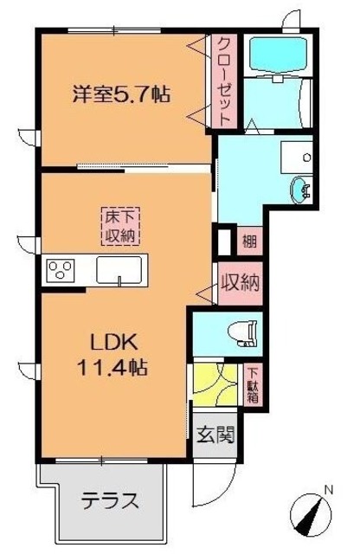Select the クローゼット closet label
point(223,80)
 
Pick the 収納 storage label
point(241,283)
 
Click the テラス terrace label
point(110,501)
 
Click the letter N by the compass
point(328,492)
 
